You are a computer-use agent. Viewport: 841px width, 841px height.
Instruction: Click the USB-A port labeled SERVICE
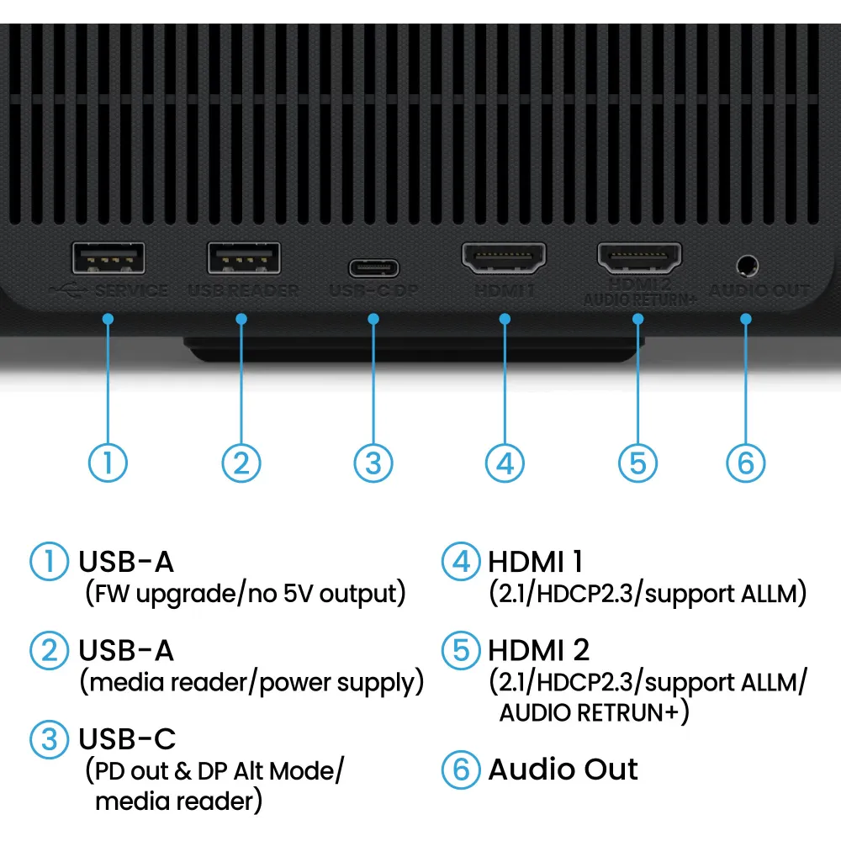coord(108,258)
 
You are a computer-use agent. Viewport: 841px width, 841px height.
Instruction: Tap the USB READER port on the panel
coord(244,258)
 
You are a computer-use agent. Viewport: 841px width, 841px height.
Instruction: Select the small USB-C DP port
coord(374,269)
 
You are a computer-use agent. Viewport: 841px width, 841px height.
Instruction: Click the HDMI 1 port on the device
coord(504,258)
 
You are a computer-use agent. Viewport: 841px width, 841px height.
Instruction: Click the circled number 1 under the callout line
coord(108,463)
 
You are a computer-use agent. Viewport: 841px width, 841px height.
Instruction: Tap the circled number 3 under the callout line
coord(373,463)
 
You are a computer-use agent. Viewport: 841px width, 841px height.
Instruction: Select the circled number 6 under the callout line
coord(746,463)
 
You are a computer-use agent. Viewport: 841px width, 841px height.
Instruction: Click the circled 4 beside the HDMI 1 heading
coord(461,562)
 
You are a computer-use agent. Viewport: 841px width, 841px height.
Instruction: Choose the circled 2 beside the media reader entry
coord(49,650)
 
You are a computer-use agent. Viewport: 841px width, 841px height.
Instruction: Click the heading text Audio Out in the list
coord(563,770)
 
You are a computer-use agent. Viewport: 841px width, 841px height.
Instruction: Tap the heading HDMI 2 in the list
coord(538,650)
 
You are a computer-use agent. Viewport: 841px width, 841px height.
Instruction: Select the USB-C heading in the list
coord(127,739)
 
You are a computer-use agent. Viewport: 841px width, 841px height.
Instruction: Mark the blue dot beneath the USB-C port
coord(374,319)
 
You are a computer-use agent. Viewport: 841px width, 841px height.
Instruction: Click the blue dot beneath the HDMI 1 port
coord(505,319)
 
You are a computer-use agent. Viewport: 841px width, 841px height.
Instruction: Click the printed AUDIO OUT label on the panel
coord(759,291)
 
